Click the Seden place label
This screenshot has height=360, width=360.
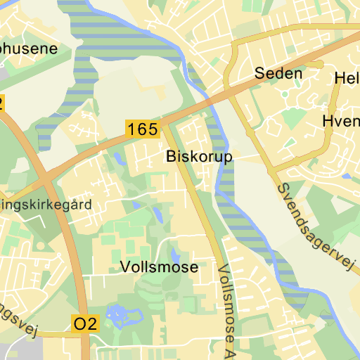pos(278,73)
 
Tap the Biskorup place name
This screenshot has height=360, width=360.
pos(199,157)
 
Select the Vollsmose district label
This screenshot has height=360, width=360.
pos(159,268)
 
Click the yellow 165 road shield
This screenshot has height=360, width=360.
pos(143,129)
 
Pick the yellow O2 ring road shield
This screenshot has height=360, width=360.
pos(86,324)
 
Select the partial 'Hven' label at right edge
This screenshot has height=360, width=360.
pos(340,121)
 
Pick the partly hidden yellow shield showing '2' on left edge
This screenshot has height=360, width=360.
pos(1,103)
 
